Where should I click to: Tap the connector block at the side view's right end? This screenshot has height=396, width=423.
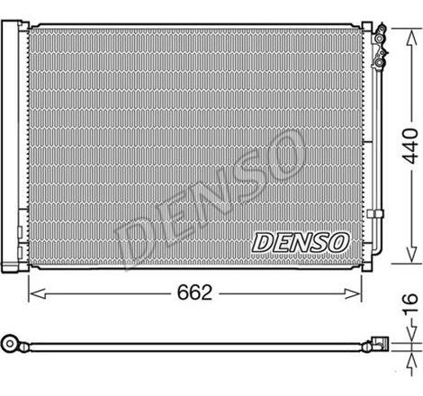pos(378,343)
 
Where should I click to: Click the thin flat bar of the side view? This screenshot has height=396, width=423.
pos(193,344)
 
